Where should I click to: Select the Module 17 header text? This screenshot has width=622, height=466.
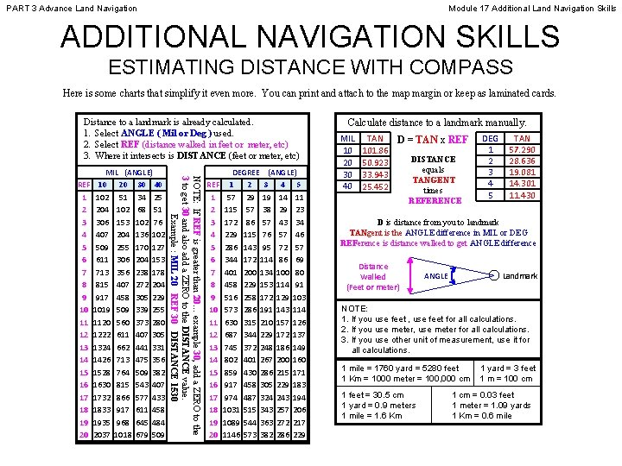tap(532, 7)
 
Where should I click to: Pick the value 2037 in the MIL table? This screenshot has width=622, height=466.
tap(102, 435)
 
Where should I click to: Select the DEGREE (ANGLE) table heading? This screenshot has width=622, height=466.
tap(259, 173)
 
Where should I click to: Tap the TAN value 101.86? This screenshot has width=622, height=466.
tap(375, 149)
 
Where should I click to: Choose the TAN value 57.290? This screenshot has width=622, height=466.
tap(523, 149)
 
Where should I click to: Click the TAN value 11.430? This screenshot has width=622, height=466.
tap(523, 195)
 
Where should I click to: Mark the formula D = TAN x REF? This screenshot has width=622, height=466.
tap(433, 139)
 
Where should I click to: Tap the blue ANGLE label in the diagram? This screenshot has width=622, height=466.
tap(436, 276)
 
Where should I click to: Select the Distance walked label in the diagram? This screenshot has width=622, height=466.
tap(373, 276)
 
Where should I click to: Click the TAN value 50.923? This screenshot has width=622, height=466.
tap(375, 161)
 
